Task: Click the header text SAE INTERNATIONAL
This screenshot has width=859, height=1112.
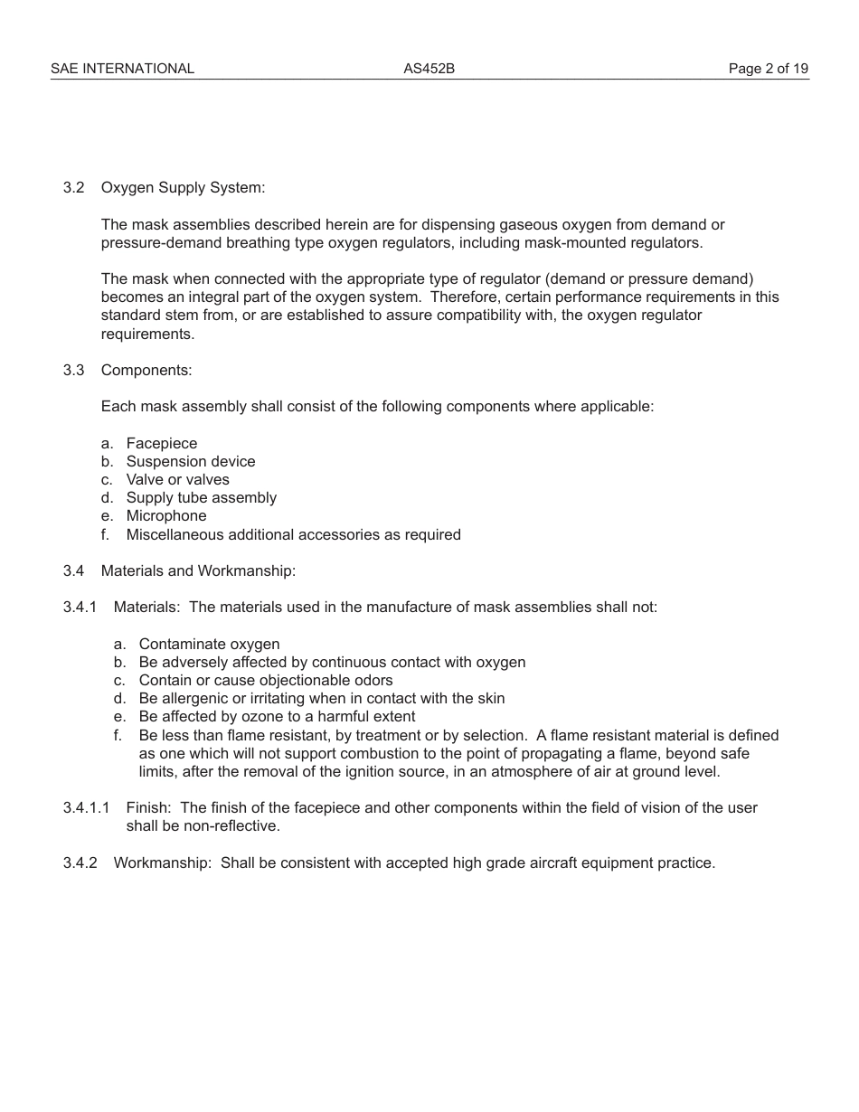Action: pyautogui.click(x=122, y=69)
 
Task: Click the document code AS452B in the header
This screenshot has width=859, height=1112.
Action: pyautogui.click(x=429, y=69)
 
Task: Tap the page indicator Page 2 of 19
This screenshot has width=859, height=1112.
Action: pyautogui.click(x=769, y=69)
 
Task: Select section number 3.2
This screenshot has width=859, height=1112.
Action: pyautogui.click(x=73, y=188)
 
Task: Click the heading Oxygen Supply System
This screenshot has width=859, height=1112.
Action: pyautogui.click(x=183, y=188)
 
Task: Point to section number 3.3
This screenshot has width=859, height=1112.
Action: pyautogui.click(x=73, y=370)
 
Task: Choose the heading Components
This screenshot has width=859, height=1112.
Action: pyautogui.click(x=146, y=370)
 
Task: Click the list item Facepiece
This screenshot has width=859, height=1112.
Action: pyautogui.click(x=161, y=443)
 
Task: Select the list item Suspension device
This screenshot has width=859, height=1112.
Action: pyautogui.click(x=190, y=461)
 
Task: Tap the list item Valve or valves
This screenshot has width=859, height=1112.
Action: pyautogui.click(x=177, y=479)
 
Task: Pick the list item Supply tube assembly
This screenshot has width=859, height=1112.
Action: pyautogui.click(x=201, y=497)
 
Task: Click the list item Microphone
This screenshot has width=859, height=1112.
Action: pyautogui.click(x=165, y=515)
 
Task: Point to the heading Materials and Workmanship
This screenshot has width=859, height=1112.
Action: pyautogui.click(x=198, y=570)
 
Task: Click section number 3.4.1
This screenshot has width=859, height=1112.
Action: pyautogui.click(x=80, y=607)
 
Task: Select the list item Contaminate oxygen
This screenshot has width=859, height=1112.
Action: pyautogui.click(x=209, y=644)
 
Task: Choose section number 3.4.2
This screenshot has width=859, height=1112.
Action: pyautogui.click(x=80, y=862)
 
